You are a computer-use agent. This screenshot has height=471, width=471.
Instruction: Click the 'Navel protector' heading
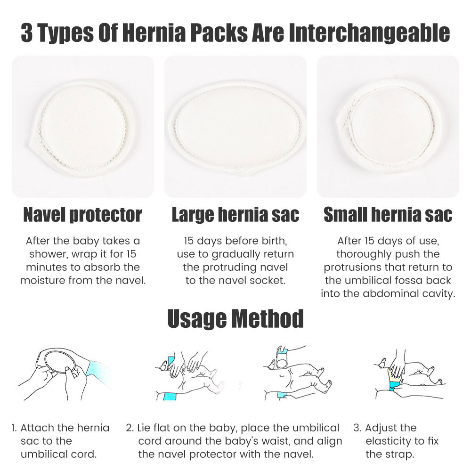(x=82, y=215)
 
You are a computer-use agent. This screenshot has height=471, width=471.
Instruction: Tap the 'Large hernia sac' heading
(x=235, y=215)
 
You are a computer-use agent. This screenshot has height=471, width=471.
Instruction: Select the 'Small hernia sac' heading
(x=388, y=215)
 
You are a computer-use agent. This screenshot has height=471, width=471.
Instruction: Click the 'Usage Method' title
(x=235, y=319)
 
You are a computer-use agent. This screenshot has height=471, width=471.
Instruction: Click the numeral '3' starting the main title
(x=27, y=34)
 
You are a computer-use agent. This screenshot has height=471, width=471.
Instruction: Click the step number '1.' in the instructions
(x=14, y=428)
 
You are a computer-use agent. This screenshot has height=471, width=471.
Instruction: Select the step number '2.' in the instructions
(x=130, y=428)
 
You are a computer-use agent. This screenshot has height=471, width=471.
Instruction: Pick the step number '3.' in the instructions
(x=357, y=428)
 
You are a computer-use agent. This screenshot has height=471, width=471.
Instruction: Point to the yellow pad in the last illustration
(x=395, y=375)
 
